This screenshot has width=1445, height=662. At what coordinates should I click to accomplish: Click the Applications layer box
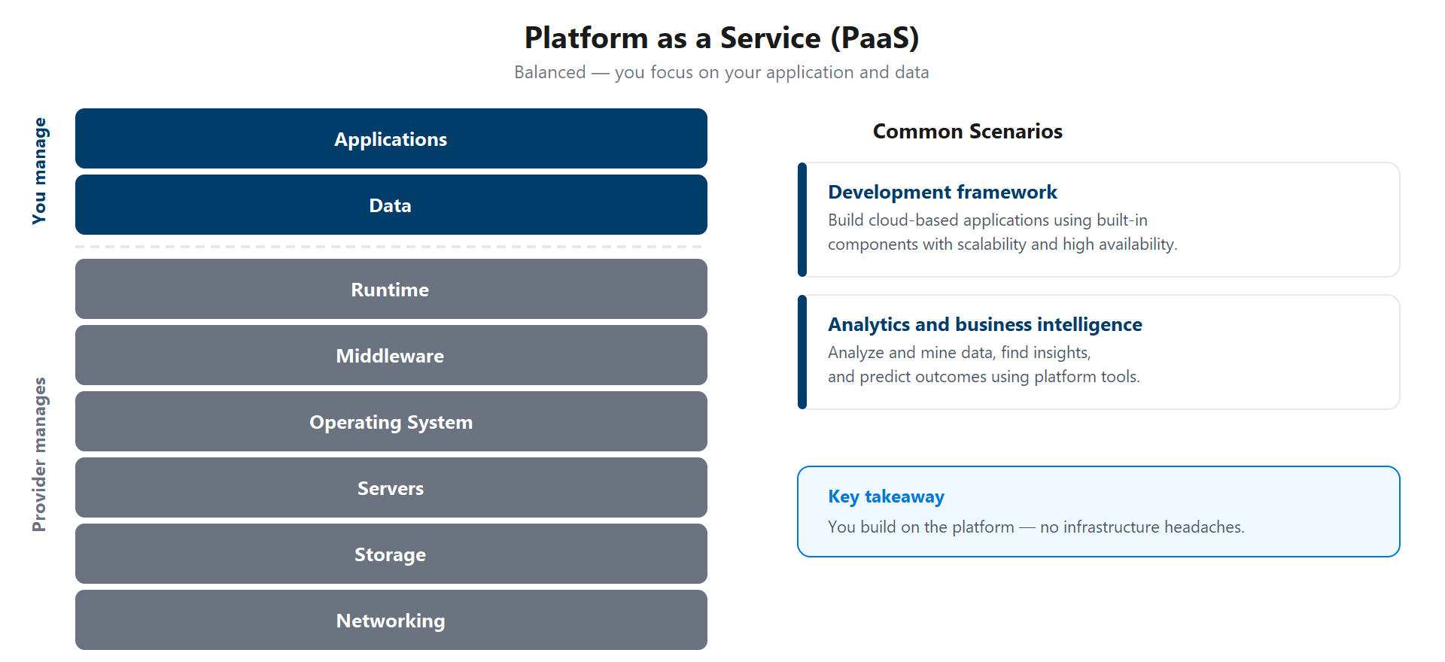[x=391, y=139]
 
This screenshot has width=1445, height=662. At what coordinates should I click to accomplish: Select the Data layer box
[x=391, y=205]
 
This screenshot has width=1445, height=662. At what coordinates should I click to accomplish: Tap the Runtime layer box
[x=391, y=290]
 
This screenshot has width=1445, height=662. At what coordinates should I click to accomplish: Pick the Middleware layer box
[x=391, y=356]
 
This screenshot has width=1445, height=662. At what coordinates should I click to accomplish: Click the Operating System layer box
[x=391, y=422]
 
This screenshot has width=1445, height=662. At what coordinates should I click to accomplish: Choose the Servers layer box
[x=391, y=488]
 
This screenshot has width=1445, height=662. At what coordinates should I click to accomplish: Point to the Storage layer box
[x=391, y=554]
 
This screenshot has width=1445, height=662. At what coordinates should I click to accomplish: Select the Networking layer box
[x=391, y=621]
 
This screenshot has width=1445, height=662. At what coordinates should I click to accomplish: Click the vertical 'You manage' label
[x=39, y=171]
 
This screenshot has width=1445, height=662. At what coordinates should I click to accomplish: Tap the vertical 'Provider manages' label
[x=39, y=454]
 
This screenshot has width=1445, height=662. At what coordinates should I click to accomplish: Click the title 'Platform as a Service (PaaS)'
[x=722, y=38]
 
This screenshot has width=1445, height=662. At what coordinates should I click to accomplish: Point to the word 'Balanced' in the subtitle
[x=549, y=72]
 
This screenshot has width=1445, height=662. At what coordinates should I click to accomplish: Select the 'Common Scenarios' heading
[x=967, y=132]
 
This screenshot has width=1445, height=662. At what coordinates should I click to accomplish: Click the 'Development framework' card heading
[x=942, y=193]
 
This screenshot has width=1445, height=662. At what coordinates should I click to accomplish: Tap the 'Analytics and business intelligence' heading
[x=984, y=325]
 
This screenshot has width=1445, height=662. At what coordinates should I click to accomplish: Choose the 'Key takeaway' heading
[x=886, y=496]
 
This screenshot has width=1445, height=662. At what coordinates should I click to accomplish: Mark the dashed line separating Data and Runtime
[x=391, y=247]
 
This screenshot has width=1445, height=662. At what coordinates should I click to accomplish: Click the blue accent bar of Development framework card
[x=802, y=220]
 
